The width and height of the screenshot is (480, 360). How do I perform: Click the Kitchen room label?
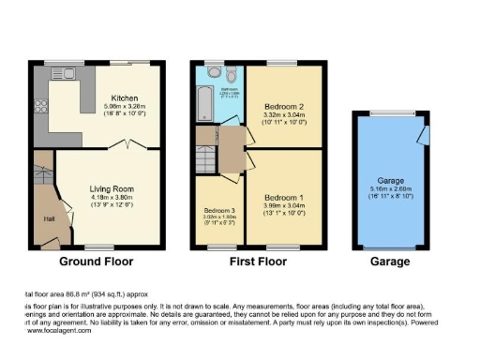tap(126, 97)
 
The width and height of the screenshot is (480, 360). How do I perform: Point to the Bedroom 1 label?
tap(282, 198)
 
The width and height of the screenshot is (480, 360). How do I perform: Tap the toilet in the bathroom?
tap(216, 71)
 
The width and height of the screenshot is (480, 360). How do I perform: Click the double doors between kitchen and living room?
tap(127, 145)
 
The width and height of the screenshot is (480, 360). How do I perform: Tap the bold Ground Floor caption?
tap(97, 262)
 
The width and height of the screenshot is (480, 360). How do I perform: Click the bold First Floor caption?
tap(258, 262)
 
